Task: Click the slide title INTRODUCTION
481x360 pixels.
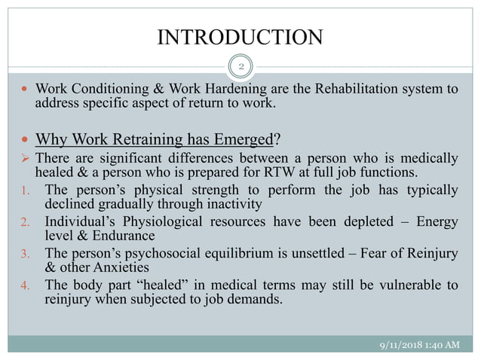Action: coord(240,36)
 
